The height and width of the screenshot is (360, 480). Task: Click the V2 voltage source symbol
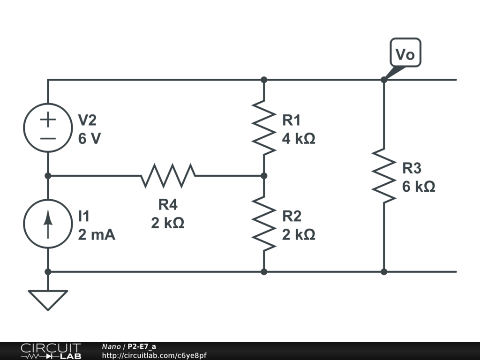48,127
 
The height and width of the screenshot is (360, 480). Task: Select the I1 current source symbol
48,224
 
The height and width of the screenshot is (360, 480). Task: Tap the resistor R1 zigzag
264,127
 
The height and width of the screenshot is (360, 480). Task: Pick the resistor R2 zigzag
264,224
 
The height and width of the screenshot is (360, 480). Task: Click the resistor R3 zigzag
384,176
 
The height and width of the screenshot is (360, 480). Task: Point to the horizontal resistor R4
168,176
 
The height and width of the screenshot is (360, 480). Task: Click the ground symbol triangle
48,299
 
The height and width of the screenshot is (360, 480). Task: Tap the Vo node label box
405,54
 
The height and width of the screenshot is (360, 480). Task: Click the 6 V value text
90,139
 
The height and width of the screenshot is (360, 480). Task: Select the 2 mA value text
97,235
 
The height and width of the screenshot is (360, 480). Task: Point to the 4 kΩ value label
298,139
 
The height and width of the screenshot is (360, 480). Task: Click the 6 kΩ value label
419,187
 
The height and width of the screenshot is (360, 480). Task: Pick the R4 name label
168,205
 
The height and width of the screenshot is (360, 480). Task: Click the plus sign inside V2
48,119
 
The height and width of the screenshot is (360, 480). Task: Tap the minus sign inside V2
48,138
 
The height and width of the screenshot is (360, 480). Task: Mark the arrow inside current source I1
48,224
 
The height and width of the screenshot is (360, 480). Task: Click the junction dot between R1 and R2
264,176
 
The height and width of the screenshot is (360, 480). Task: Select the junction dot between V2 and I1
48,176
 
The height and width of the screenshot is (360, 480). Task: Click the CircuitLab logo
50,351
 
